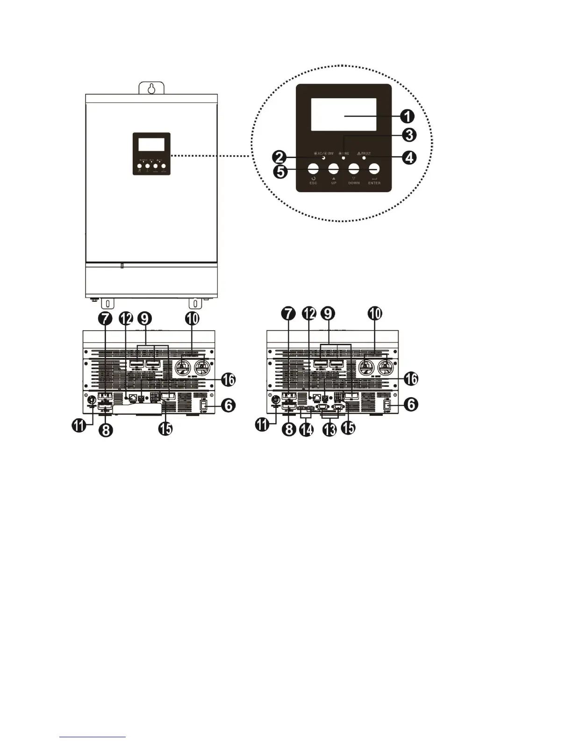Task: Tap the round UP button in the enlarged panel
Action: pos(333,169)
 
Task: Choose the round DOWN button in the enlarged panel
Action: pos(354,169)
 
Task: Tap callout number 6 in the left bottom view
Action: pos(227,405)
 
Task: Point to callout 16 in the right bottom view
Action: pos(411,379)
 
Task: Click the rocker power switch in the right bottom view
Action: pos(387,406)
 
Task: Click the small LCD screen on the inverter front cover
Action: pos(151,144)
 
